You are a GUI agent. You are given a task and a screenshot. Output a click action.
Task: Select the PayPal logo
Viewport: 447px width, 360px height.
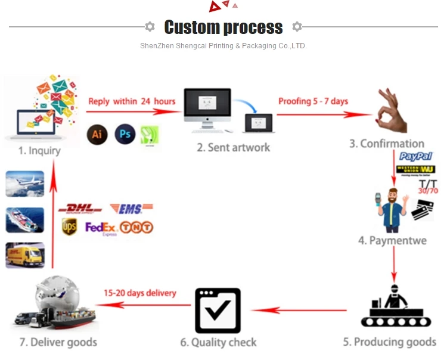415,157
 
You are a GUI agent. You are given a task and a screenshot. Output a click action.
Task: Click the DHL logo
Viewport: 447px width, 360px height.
80,209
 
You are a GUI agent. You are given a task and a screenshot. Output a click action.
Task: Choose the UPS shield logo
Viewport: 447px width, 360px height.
69,227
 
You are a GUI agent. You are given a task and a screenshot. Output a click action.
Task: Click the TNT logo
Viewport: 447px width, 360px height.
136,227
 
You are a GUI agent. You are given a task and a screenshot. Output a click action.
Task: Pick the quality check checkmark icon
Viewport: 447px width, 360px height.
218,311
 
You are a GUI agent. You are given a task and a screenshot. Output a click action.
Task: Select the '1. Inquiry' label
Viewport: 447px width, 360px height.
39,151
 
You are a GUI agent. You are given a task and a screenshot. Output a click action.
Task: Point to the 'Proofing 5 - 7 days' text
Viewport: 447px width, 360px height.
313,101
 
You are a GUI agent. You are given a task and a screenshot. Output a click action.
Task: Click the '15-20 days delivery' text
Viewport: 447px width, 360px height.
139,293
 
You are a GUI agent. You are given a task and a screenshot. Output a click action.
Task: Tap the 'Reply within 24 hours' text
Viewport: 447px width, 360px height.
132,101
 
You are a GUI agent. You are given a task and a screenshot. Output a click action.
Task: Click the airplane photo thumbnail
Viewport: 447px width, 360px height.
24,184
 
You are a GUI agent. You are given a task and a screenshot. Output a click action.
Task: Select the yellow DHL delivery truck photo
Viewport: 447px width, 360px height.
24,255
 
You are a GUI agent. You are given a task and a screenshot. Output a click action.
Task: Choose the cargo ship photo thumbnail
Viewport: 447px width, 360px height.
24,219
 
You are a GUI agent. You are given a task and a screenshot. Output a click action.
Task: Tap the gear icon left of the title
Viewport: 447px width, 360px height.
150,27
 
